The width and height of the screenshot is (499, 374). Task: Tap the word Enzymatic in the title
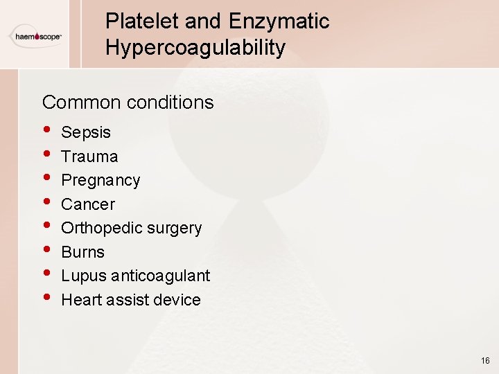[x=283, y=21]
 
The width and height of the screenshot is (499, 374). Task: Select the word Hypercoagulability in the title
[x=195, y=48]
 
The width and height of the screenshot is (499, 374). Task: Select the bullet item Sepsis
[x=86, y=132]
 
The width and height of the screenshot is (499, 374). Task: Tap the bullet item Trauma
[x=89, y=157]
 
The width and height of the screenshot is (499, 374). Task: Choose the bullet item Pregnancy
[x=100, y=181]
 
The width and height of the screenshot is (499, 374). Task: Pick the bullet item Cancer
[x=88, y=204]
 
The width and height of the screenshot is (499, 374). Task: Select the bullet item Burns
[x=82, y=252]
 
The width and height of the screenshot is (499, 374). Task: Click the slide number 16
[x=484, y=361]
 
